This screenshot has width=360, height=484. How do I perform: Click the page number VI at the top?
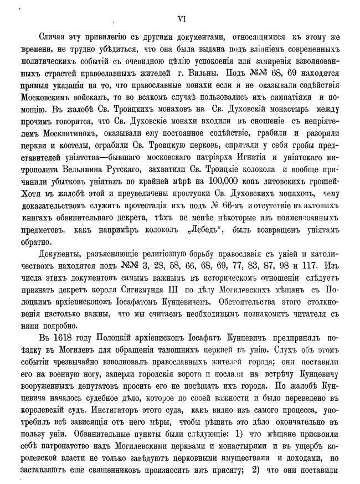(180, 18)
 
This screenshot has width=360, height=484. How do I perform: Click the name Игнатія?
(238, 156)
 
